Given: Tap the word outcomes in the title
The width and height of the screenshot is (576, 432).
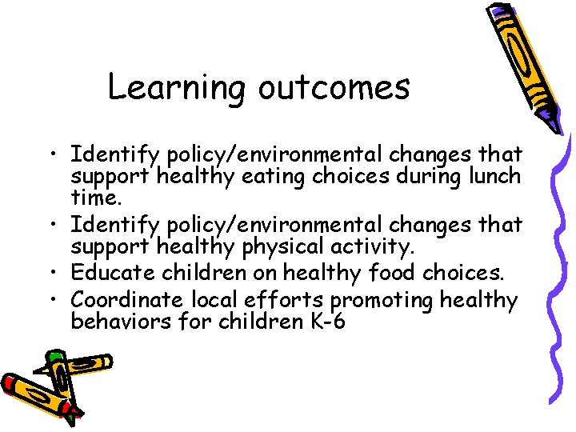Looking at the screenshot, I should coord(334,87).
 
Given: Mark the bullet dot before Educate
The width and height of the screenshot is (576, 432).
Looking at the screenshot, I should coord(58,273).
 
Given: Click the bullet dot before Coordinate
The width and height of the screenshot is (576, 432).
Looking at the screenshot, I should coord(58,300).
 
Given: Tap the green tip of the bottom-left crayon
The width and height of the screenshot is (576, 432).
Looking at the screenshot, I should coord(55,355).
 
